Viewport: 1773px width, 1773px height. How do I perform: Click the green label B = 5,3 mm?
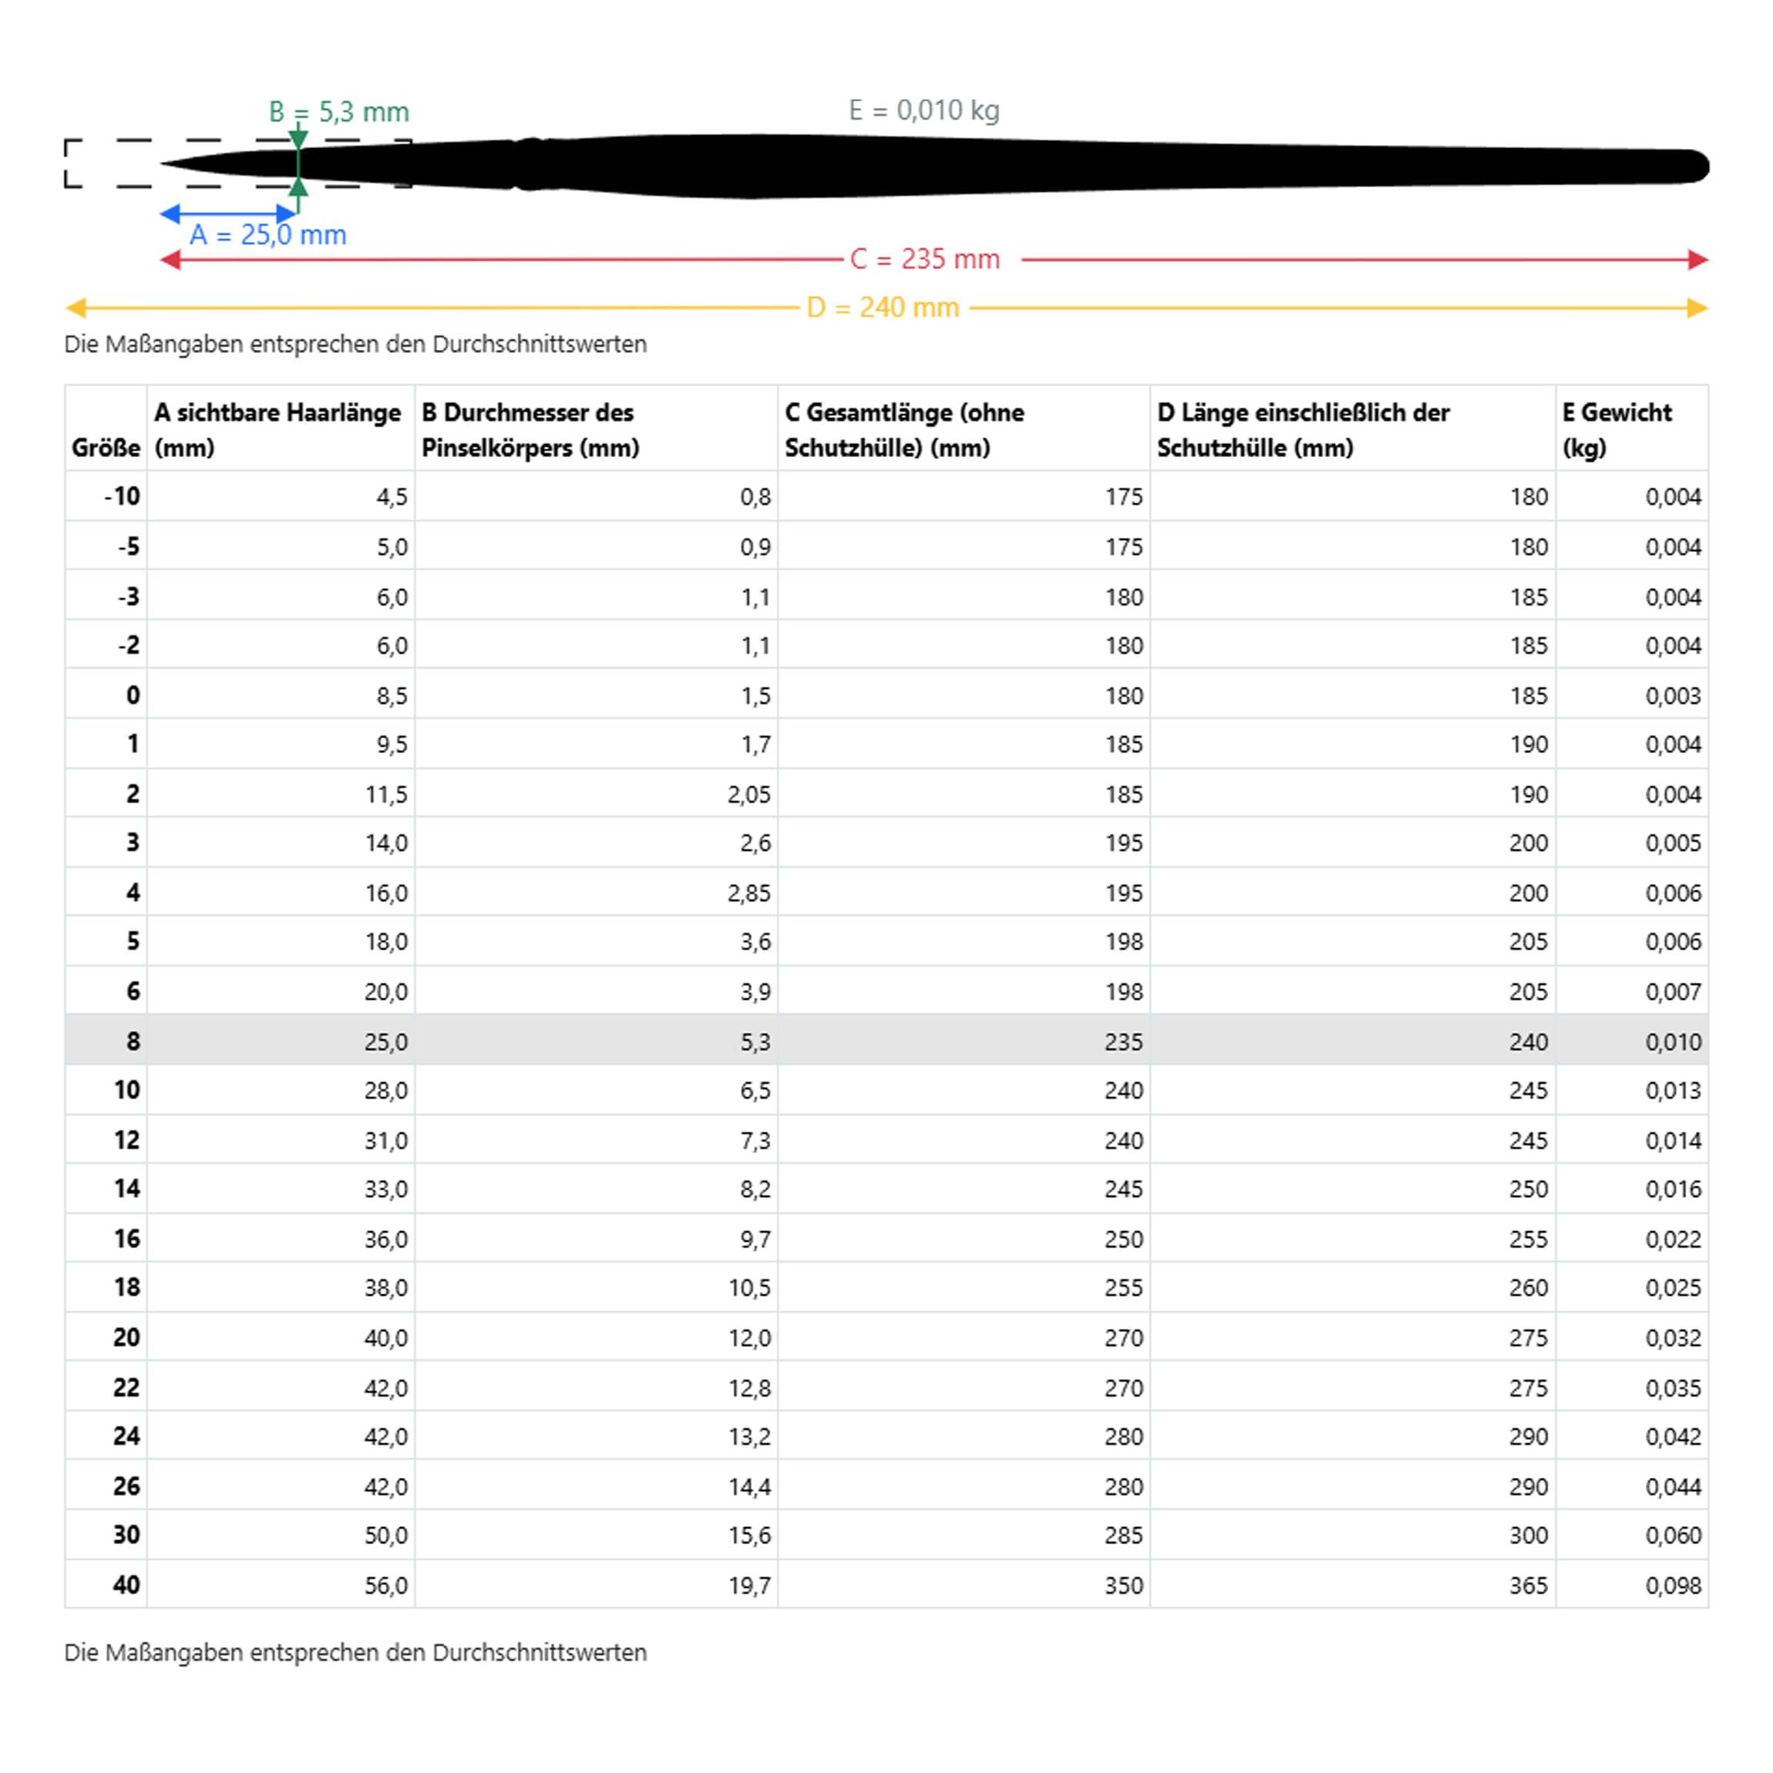pos(338,112)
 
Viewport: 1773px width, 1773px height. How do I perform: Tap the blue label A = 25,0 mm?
pos(268,235)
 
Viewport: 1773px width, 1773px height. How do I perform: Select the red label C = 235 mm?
pos(924,260)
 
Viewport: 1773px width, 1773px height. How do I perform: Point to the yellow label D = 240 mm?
pos(882,308)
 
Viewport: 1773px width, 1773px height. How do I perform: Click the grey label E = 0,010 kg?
pos(924,110)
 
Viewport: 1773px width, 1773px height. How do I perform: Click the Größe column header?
pos(106,447)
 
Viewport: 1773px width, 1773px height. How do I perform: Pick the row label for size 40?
pos(126,1585)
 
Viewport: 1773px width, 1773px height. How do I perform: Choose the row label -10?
pos(122,496)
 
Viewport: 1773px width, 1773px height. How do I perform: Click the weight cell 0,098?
pos(1672,1585)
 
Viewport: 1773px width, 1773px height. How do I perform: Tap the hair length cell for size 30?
pos(385,1536)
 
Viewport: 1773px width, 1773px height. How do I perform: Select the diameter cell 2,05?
pos(749,794)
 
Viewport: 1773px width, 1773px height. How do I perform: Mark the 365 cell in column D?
pos(1528,1585)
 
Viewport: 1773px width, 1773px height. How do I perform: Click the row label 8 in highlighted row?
pos(133,1041)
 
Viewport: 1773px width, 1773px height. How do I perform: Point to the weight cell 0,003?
pos(1672,695)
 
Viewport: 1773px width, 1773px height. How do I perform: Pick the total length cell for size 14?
pos(1123,1189)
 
